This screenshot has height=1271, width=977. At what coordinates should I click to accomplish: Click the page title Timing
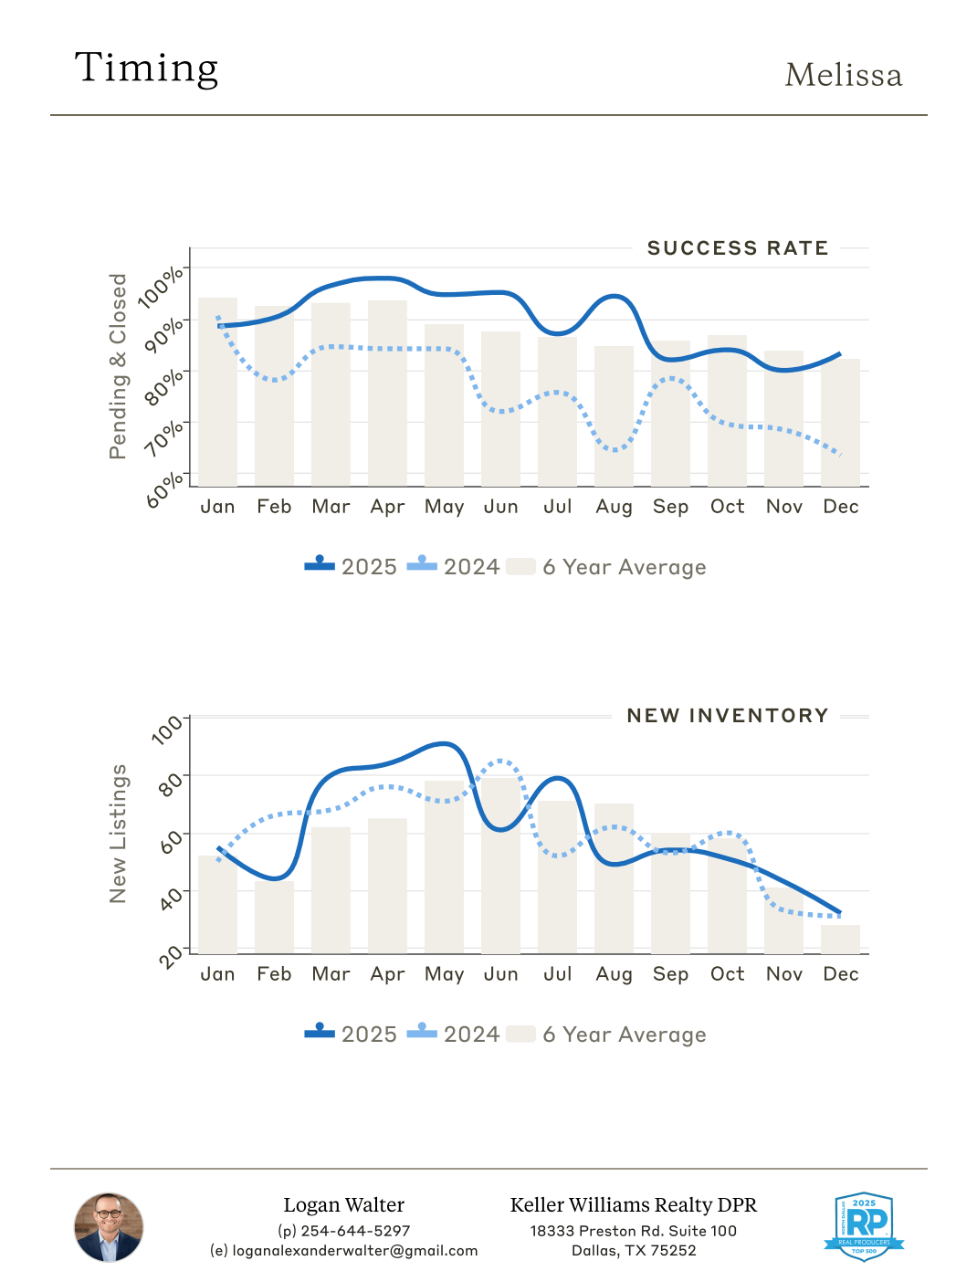coord(146,68)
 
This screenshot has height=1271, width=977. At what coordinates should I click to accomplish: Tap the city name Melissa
coord(843,76)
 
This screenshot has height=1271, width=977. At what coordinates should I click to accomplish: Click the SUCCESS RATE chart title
coord(737,248)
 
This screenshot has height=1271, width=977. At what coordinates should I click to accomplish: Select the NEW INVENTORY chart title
coord(727,716)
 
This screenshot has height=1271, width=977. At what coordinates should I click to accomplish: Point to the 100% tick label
coord(163,287)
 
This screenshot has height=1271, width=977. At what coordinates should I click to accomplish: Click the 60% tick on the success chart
coord(165,489)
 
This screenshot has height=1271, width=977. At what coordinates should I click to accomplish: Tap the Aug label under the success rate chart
coord(614,507)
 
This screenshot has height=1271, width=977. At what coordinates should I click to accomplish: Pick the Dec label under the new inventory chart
coord(840,974)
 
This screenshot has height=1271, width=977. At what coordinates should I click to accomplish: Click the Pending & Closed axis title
coord(118,366)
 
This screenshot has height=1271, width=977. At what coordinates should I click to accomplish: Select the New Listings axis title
coord(118,834)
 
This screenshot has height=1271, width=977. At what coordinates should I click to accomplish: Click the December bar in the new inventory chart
coord(840,940)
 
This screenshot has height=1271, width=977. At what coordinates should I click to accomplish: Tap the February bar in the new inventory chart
coord(274,917)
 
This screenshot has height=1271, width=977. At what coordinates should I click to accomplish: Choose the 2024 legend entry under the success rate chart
coord(454,567)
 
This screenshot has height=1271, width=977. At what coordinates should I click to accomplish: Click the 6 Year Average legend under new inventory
coord(606,1035)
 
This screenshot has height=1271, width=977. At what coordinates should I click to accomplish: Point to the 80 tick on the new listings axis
coord(170,783)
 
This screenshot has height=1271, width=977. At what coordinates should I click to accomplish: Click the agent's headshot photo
coord(109,1227)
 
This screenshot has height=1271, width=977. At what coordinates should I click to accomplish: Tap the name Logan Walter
coord(343,1205)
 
